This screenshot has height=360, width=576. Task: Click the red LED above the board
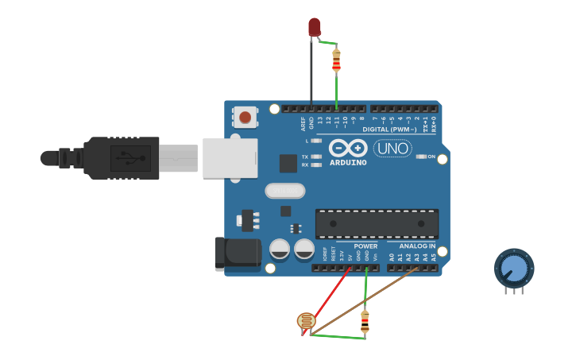tap(315, 26)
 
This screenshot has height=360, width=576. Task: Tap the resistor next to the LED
tap(336, 60)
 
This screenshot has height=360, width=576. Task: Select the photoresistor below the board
tap(305, 321)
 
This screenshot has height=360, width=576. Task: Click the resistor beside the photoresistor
tap(365, 321)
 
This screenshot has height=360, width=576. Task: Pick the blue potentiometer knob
tap(514, 269)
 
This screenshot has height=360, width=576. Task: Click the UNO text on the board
tap(392, 148)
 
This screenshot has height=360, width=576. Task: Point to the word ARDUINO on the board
tap(348, 162)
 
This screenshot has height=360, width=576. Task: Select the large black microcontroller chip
tap(377, 223)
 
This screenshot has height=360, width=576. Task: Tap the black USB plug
tap(119, 158)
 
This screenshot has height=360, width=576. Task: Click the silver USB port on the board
tap(230, 158)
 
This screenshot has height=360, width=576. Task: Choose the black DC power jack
tap(238, 252)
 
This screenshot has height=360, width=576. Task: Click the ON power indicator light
tap(421, 157)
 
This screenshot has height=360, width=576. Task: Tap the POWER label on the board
tap(365, 246)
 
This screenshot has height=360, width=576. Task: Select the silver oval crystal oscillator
tap(284, 191)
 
